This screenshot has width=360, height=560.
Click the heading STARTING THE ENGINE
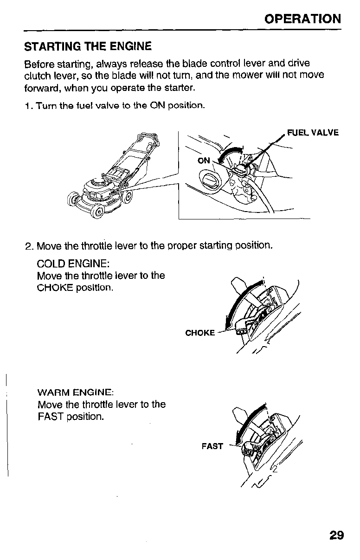88,47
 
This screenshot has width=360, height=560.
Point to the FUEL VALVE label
313,133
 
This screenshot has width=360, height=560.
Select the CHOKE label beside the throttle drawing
200,333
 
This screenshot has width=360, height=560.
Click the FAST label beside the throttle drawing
212,446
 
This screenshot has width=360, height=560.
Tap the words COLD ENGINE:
73,264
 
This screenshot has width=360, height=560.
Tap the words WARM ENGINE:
75,393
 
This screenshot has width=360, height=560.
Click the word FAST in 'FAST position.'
51,416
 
